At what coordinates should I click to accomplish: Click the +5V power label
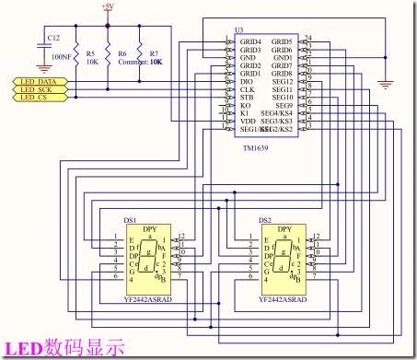[x=107, y=6]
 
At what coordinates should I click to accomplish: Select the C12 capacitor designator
[x=52, y=38]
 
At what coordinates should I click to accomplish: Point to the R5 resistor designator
[x=89, y=53]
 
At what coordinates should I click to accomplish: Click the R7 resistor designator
[x=153, y=53]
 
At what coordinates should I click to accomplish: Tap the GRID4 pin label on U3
[x=250, y=42]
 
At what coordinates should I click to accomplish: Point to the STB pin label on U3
[x=247, y=98]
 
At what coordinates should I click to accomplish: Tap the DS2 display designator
[x=265, y=221]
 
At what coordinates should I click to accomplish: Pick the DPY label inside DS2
[x=284, y=227]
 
